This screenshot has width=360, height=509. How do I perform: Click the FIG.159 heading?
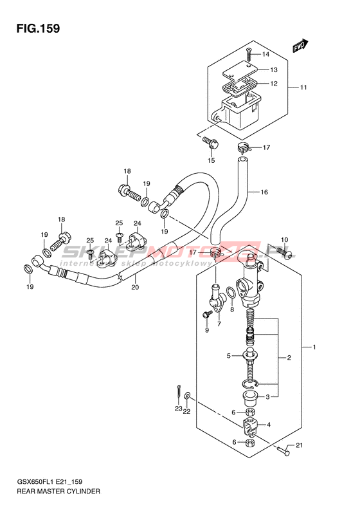tap(38, 28)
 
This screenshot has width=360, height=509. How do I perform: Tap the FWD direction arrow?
tap(300, 46)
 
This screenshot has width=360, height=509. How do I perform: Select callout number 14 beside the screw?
tap(265, 54)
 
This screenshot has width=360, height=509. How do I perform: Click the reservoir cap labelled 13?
tap(240, 70)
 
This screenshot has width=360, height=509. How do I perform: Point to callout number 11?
tap(303, 88)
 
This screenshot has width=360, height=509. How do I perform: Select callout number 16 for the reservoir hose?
tap(264, 192)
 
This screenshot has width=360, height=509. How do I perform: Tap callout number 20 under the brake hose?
tap(135, 287)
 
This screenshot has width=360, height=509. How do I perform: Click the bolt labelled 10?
tap(284, 252)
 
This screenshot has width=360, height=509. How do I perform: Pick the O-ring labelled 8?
tap(231, 293)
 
